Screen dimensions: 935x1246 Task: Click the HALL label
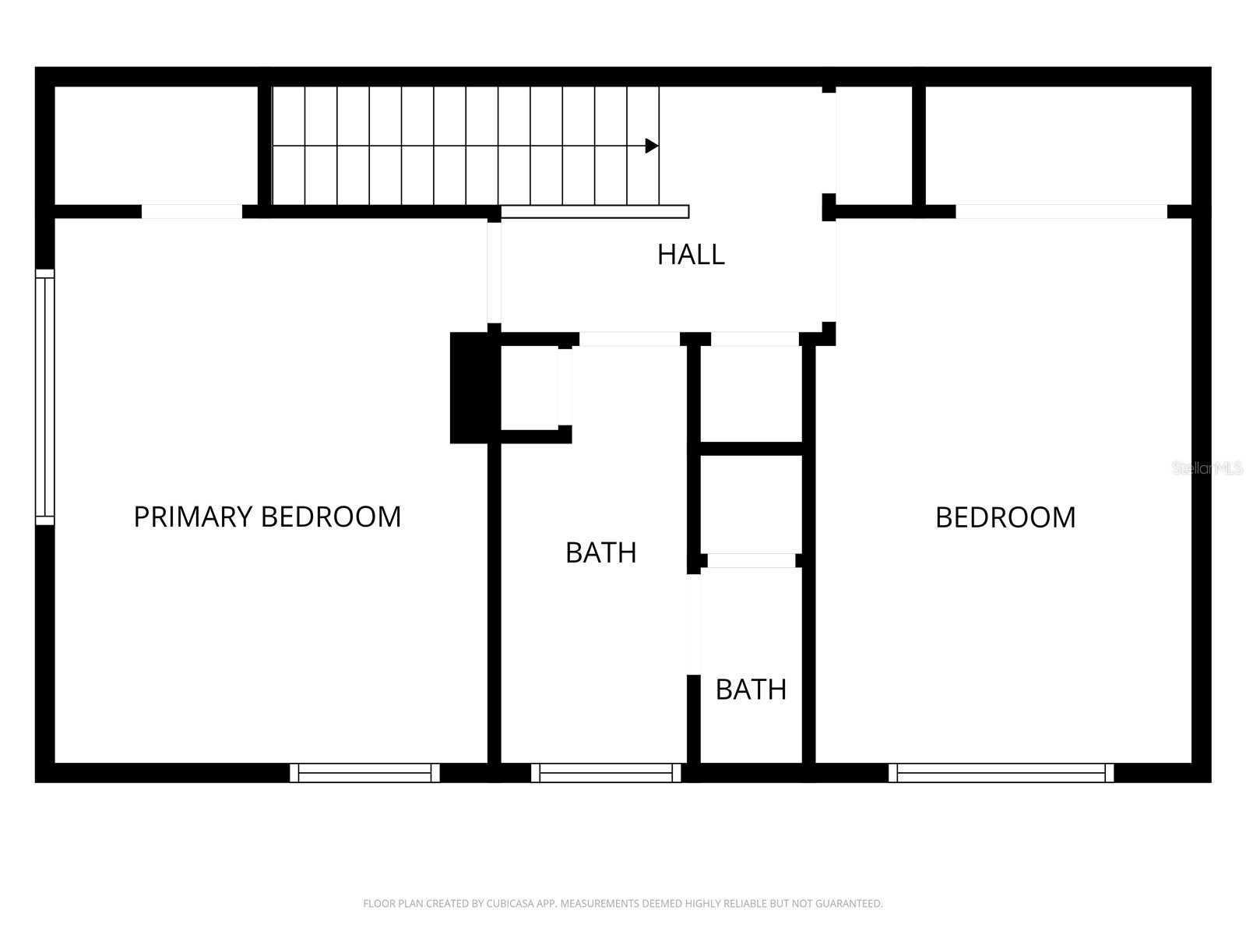click(691, 255)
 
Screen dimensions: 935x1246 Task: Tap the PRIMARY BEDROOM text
click(267, 517)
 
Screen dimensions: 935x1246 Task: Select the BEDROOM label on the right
click(1005, 517)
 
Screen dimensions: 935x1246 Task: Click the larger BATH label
click(600, 552)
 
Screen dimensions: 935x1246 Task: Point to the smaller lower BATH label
click(751, 690)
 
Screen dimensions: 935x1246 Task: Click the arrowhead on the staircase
click(652, 146)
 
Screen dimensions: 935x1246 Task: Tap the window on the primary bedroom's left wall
click(45, 397)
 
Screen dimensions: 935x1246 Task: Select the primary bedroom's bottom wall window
click(364, 773)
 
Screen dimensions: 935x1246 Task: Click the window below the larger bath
click(606, 773)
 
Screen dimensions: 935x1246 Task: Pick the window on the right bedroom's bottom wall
click(1001, 773)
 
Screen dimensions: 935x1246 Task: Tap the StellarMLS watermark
click(1207, 468)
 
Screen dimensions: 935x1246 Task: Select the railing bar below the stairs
click(595, 212)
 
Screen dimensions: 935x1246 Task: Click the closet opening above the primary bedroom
click(192, 212)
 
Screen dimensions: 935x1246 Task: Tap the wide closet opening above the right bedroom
click(1061, 212)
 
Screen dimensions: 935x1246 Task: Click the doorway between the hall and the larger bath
click(629, 339)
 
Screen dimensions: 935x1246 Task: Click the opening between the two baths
click(693, 623)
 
